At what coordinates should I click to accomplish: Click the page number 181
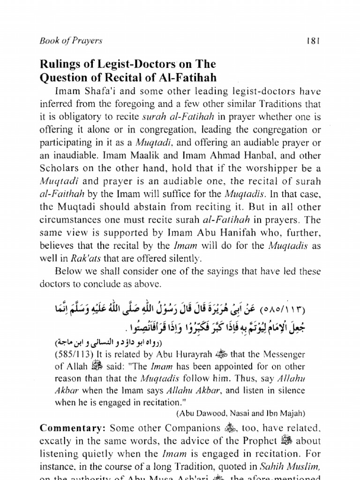(313, 41)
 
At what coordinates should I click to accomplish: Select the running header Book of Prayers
(71, 41)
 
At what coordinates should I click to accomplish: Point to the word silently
(184, 257)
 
